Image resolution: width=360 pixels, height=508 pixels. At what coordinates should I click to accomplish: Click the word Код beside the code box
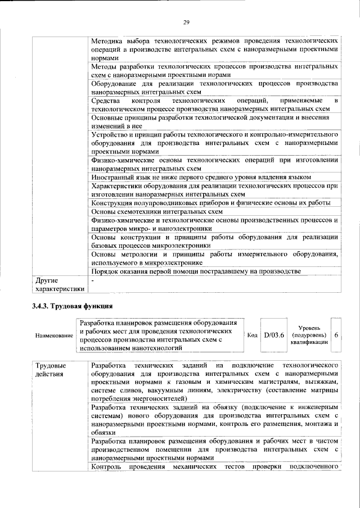point(253,335)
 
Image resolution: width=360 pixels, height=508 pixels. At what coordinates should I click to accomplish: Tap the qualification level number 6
point(336,335)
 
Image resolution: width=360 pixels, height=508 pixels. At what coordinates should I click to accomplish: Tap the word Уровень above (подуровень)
point(309,328)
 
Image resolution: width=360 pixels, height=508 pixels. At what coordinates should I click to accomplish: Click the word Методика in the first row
point(109,41)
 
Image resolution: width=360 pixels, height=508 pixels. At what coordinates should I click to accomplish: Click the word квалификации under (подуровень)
point(309,342)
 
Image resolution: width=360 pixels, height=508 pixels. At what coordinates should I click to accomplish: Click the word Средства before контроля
point(105,100)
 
